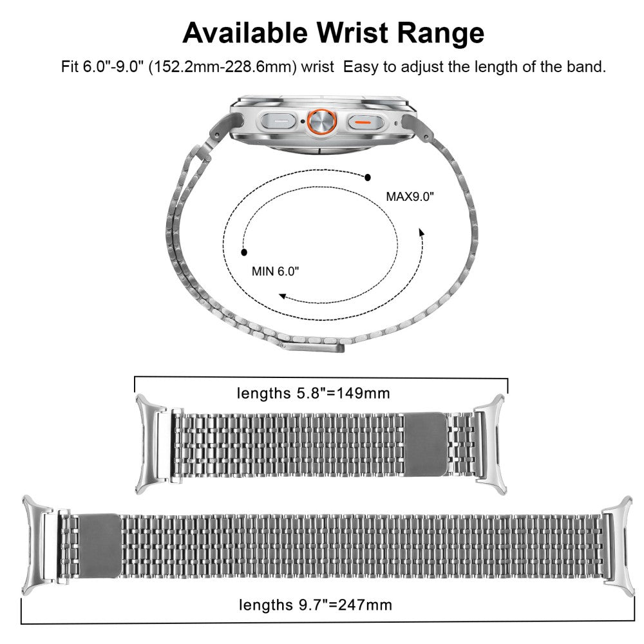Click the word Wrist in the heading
click(352, 32)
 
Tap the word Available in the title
click(245, 32)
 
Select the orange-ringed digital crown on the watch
click(322, 122)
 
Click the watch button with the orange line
click(366, 122)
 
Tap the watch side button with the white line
click(279, 122)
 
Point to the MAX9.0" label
click(410, 196)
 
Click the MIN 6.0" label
click(275, 271)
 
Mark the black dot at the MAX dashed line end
click(368, 178)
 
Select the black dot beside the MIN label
click(244, 252)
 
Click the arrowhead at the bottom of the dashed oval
click(282, 296)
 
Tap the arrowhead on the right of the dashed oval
click(421, 232)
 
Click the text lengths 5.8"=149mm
click(314, 393)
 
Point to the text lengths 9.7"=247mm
click(316, 605)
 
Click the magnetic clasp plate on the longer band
click(100, 545)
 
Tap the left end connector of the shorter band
click(150, 444)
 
